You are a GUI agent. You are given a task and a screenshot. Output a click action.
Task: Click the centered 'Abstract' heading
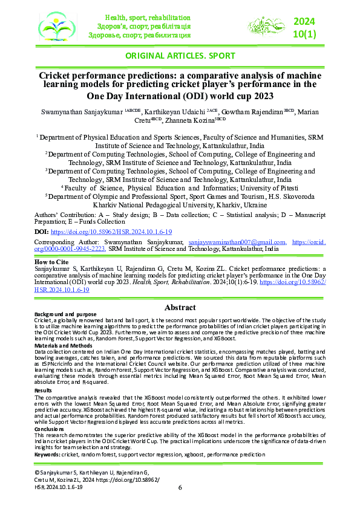(x=180, y=306)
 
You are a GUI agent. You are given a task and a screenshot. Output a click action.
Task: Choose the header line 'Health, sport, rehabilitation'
(x=148, y=18)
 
